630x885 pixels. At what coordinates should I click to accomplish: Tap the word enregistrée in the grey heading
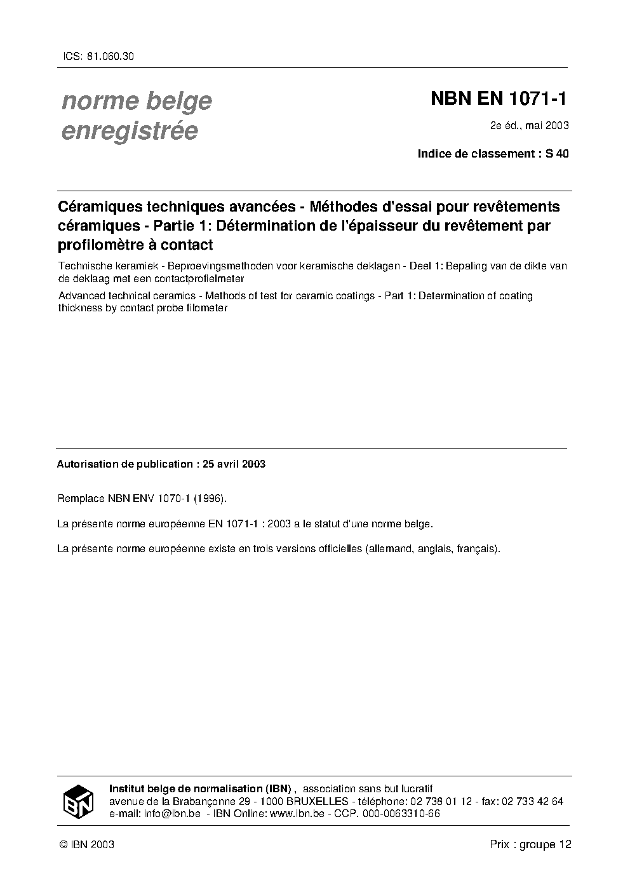click(130, 131)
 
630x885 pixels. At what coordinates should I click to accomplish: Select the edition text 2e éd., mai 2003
click(529, 125)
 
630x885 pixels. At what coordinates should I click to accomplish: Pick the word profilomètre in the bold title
click(100, 245)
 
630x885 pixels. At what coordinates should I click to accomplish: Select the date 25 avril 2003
click(234, 464)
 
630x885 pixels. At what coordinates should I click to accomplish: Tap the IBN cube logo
click(78, 802)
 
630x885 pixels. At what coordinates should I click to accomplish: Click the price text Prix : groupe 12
click(530, 844)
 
